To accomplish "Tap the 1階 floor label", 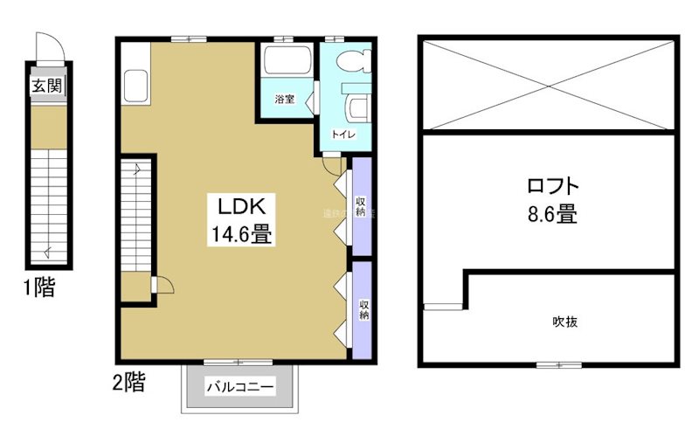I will coord(38,288).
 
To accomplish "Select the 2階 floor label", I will coord(128,381).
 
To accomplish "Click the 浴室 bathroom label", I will coord(283,100).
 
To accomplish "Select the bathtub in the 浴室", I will coord(286,62).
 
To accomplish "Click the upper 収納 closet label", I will coord(361,207).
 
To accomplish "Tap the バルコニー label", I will coord(240,387).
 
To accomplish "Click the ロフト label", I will coord(553,186).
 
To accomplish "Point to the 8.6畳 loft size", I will coord(552,214).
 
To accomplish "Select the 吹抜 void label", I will coord(565,322).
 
